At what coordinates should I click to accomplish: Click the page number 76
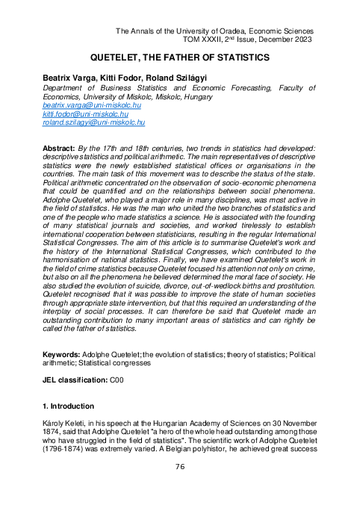(180, 466)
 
